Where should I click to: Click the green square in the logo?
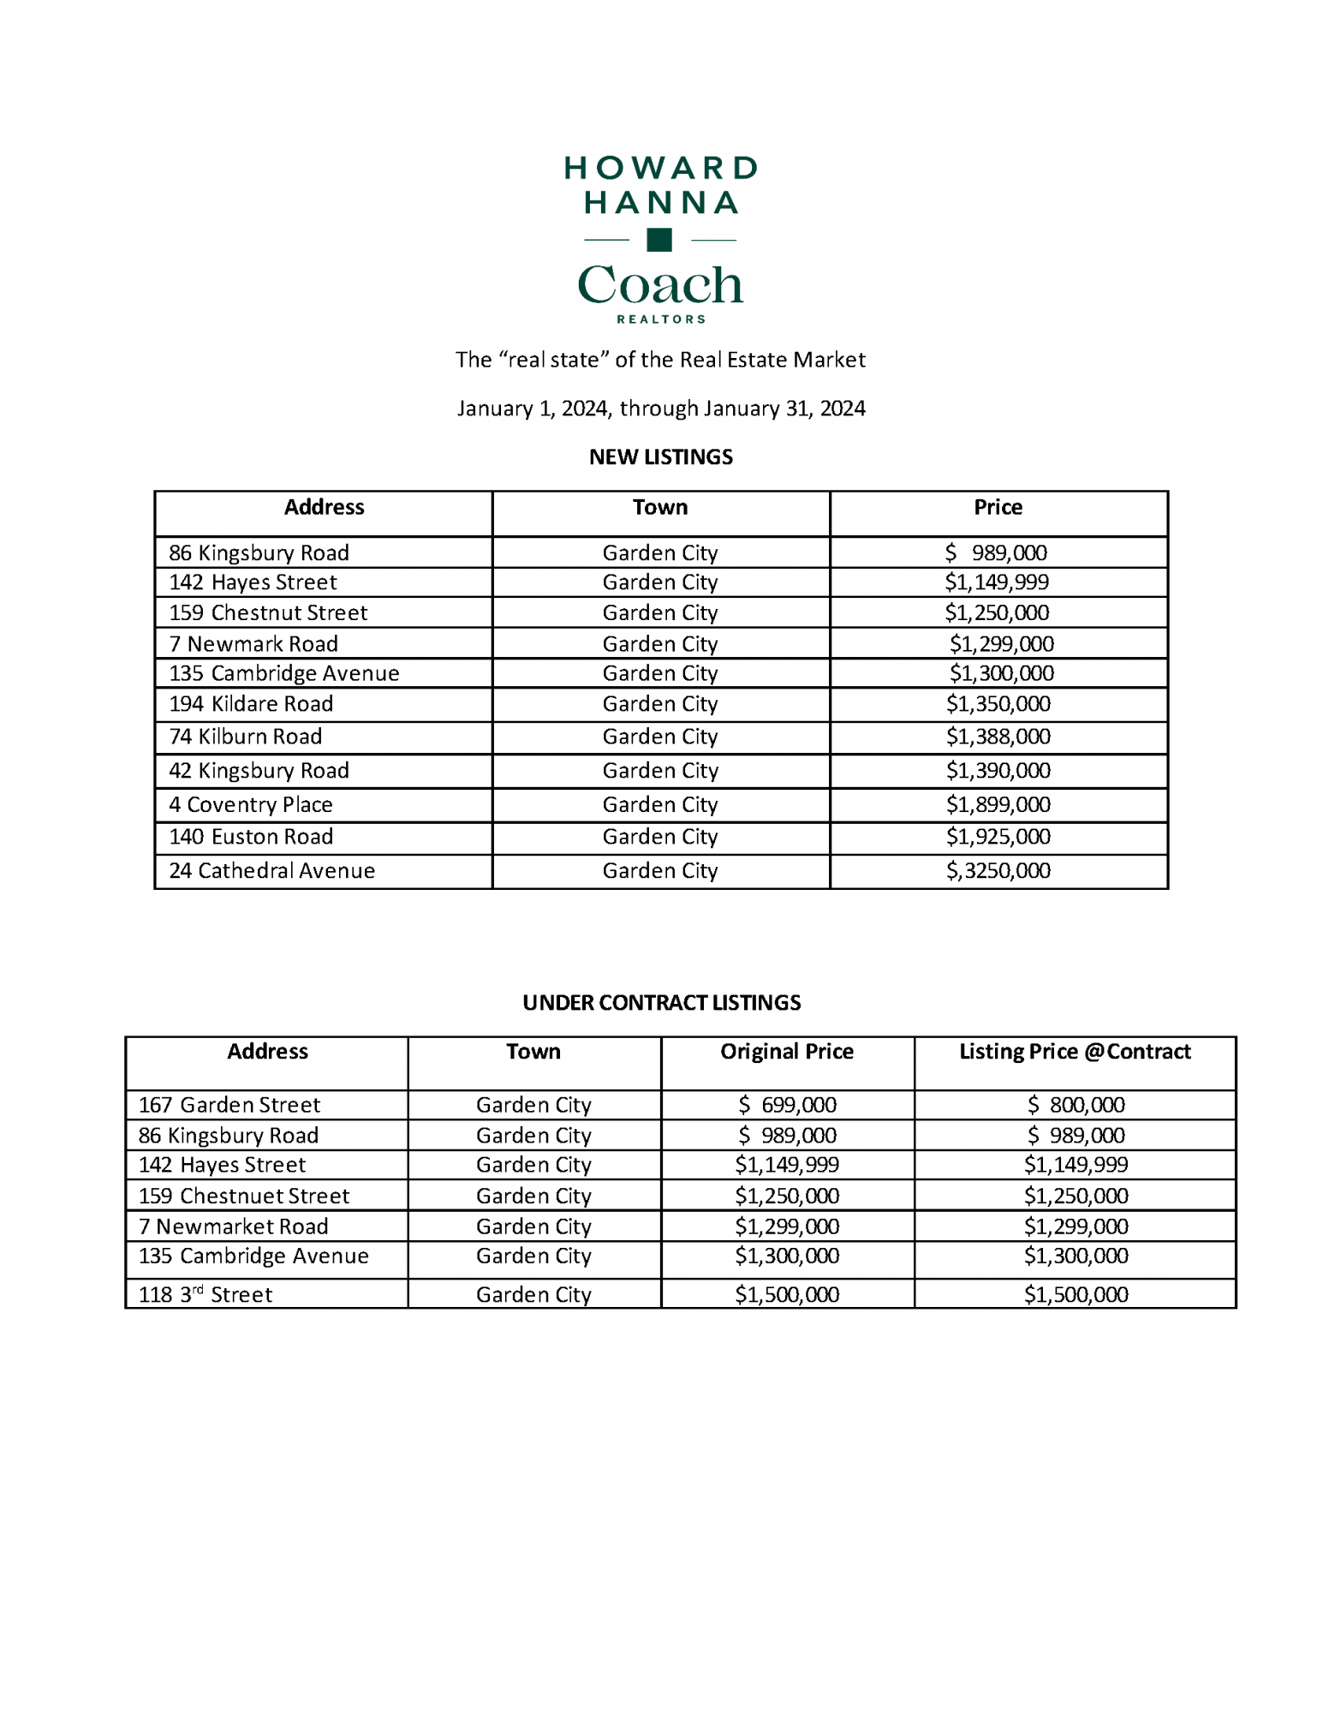click(659, 240)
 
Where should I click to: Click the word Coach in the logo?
click(660, 285)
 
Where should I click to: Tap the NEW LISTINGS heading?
click(660, 457)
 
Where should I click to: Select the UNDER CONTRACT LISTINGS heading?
click(661, 1003)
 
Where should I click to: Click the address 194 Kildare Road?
click(251, 704)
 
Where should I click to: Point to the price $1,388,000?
click(998, 737)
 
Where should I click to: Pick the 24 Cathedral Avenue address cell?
click(271, 871)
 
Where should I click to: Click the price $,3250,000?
click(998, 871)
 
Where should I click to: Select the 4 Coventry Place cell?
click(251, 805)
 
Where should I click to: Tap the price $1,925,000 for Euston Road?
click(998, 837)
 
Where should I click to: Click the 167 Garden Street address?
click(229, 1106)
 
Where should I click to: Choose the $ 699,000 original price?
click(787, 1106)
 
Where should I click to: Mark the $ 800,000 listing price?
click(1076, 1106)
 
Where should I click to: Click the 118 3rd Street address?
click(206, 1295)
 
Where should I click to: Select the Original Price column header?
click(787, 1052)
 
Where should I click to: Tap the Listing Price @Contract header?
click(1075, 1052)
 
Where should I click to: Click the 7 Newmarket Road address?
click(234, 1227)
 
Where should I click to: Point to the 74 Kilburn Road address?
click(246, 737)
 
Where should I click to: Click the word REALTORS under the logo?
click(661, 319)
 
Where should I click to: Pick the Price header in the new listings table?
click(998, 508)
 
